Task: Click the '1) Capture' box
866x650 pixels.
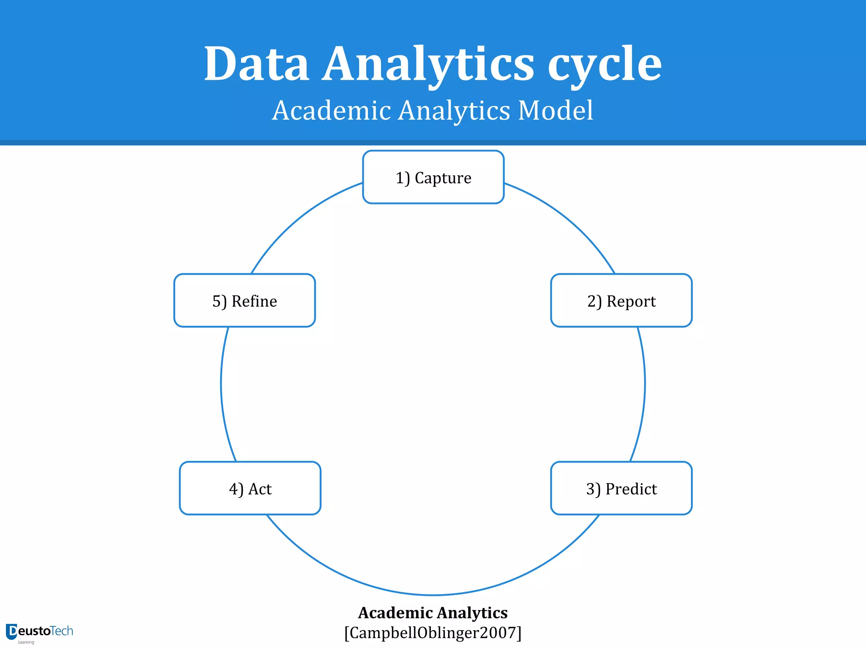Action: click(433, 177)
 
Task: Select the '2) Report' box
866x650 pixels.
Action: click(621, 300)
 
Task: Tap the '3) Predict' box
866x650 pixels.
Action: click(621, 488)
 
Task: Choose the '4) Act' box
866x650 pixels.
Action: click(250, 488)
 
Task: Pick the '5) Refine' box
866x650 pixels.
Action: click(244, 300)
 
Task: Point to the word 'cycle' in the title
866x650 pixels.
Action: click(605, 64)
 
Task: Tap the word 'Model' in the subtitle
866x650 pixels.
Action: click(556, 111)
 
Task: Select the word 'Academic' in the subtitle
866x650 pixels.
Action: click(332, 111)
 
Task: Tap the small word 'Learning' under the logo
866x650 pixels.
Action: click(26, 642)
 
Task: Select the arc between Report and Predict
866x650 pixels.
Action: click(644, 383)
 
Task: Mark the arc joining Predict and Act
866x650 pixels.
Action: click(433, 595)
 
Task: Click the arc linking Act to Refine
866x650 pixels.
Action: click(222, 383)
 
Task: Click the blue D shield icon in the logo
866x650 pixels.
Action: click(11, 632)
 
